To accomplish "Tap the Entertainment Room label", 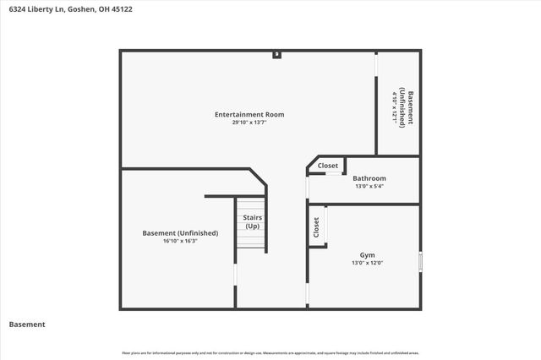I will tap(249, 114).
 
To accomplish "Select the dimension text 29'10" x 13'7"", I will tap(249, 123).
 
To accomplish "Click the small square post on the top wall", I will tap(276, 55).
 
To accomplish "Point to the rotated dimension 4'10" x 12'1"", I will tap(394, 107).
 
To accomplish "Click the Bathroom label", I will tap(369, 178).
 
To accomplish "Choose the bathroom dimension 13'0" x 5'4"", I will tap(369, 186).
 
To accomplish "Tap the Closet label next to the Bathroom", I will tap(327, 166).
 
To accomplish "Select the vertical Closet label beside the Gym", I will tap(316, 227).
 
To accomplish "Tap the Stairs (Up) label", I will tap(252, 221).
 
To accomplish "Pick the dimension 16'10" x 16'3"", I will tap(180, 241).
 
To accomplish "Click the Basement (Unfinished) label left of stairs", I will tap(180, 232).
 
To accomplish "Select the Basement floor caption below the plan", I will tap(27, 325).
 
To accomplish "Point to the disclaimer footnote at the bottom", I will tap(270, 352).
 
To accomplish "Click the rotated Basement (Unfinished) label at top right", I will tap(407, 107).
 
